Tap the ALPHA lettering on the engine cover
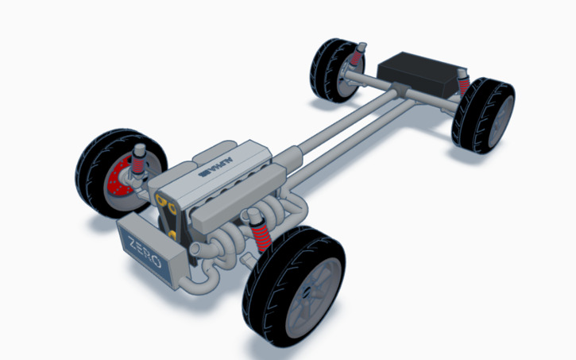(x=215, y=168)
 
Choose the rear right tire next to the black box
(x=485, y=115)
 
